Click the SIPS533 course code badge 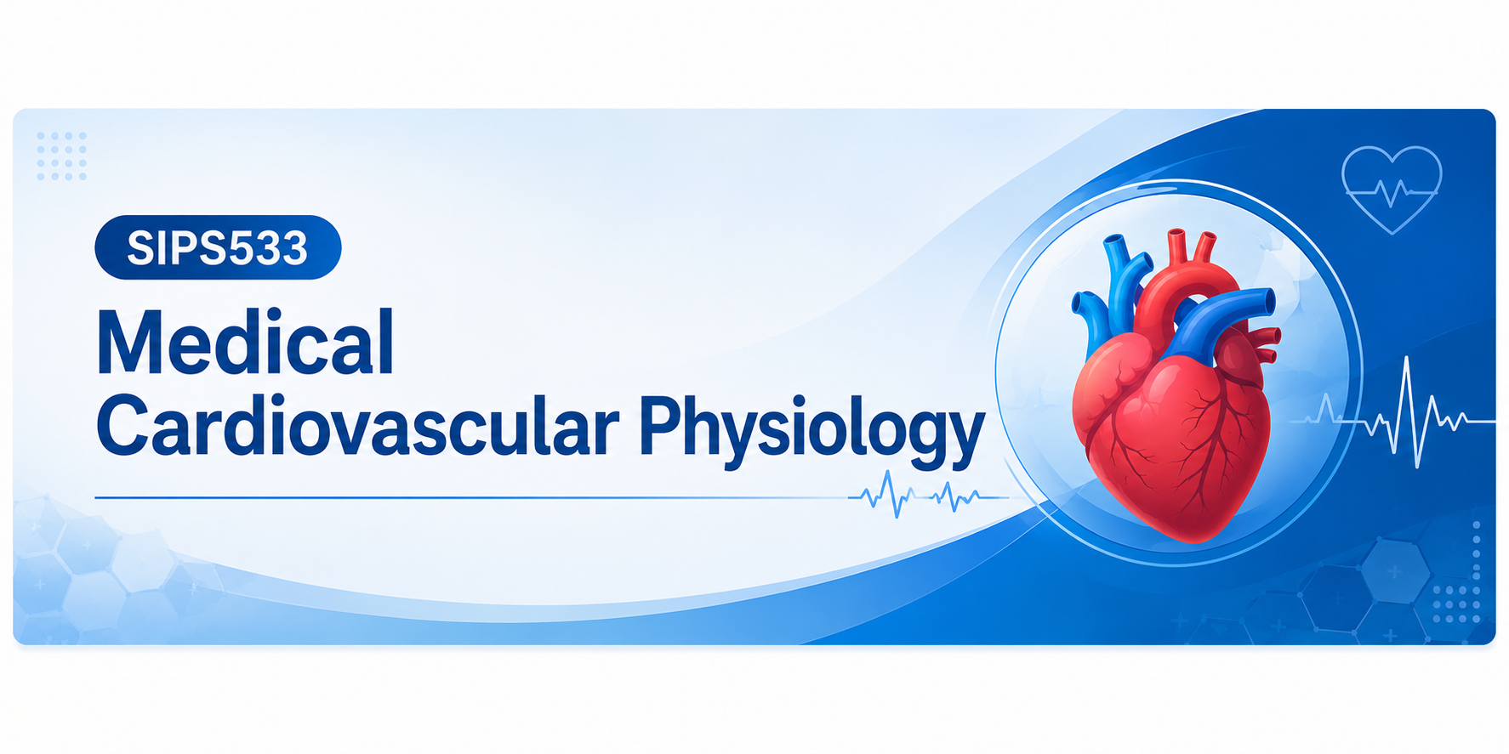click(218, 247)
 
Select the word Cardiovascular click(358, 426)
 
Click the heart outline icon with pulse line click(1392, 190)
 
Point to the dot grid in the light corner click(61, 156)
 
